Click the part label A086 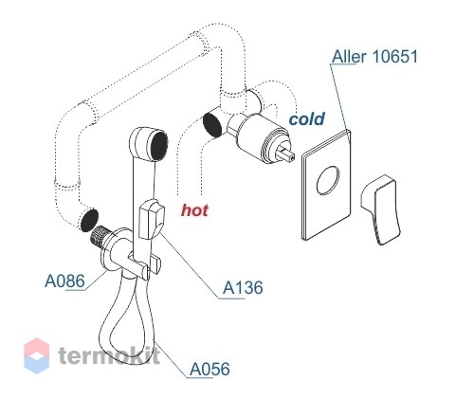coord(64,280)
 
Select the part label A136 coord(243,288)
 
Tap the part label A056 coord(210,369)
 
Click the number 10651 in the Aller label coord(395,57)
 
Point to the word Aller coord(349,57)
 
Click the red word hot coord(194,210)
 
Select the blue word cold coord(307,119)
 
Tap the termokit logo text coord(109,355)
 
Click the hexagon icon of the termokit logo coord(37,355)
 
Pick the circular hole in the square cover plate coord(328,180)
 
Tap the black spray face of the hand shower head coord(159,146)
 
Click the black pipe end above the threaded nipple coord(89,220)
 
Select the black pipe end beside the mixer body coord(212,125)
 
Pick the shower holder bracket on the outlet coord(144,264)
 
